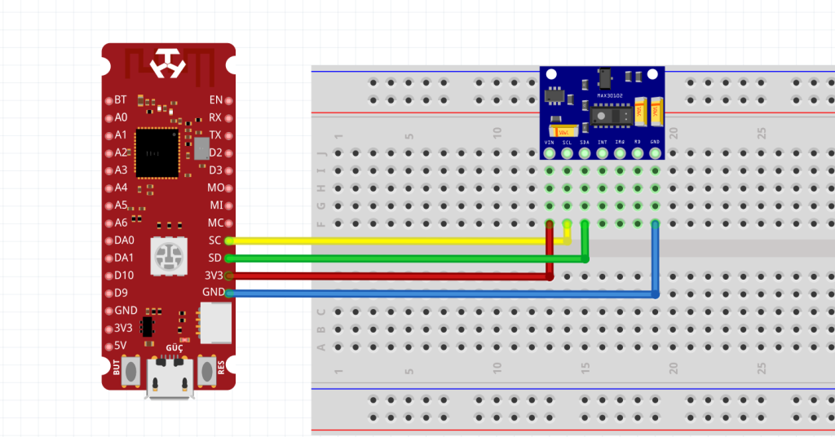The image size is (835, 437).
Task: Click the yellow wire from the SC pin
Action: click(391, 241)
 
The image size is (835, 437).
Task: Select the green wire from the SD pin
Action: click(391, 258)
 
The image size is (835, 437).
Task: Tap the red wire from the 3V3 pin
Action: click(391, 276)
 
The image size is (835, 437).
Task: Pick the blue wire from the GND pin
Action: click(440, 294)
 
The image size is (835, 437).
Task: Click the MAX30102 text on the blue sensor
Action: click(609, 95)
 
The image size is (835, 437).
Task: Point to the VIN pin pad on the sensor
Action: click(550, 152)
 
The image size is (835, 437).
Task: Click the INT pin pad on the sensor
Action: click(603, 152)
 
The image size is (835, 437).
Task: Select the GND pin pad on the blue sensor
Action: click(655, 152)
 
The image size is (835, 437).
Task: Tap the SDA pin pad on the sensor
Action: click(585, 152)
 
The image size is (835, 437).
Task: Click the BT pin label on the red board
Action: click(121, 99)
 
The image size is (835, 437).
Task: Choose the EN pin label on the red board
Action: click(215, 99)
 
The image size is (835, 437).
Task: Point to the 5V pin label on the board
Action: click(121, 345)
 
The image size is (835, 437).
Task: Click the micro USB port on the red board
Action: click(170, 383)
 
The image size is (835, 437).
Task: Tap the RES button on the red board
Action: click(207, 371)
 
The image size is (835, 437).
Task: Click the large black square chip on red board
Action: click(157, 152)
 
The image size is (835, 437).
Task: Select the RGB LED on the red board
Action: click(169, 258)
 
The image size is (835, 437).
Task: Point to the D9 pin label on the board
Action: click(121, 293)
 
